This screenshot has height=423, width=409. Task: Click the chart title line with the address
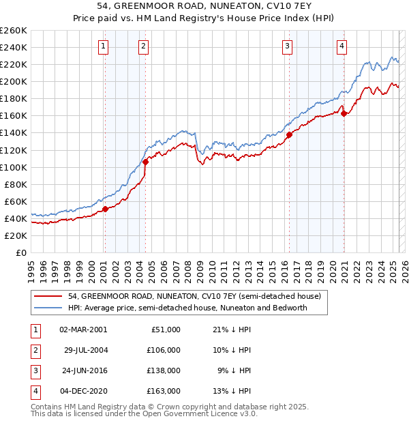tap(204, 8)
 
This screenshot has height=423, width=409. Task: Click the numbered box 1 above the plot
tap(103, 46)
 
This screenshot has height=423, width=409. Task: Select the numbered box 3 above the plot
tap(287, 46)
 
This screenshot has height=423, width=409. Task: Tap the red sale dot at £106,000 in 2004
tap(145, 162)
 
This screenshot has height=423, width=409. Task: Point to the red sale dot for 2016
tap(289, 134)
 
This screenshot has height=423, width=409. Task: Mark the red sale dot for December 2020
tap(344, 113)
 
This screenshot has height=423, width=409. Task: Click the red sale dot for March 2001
tap(105, 209)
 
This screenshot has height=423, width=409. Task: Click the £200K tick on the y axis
tap(14, 81)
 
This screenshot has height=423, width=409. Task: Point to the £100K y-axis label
tap(14, 167)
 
